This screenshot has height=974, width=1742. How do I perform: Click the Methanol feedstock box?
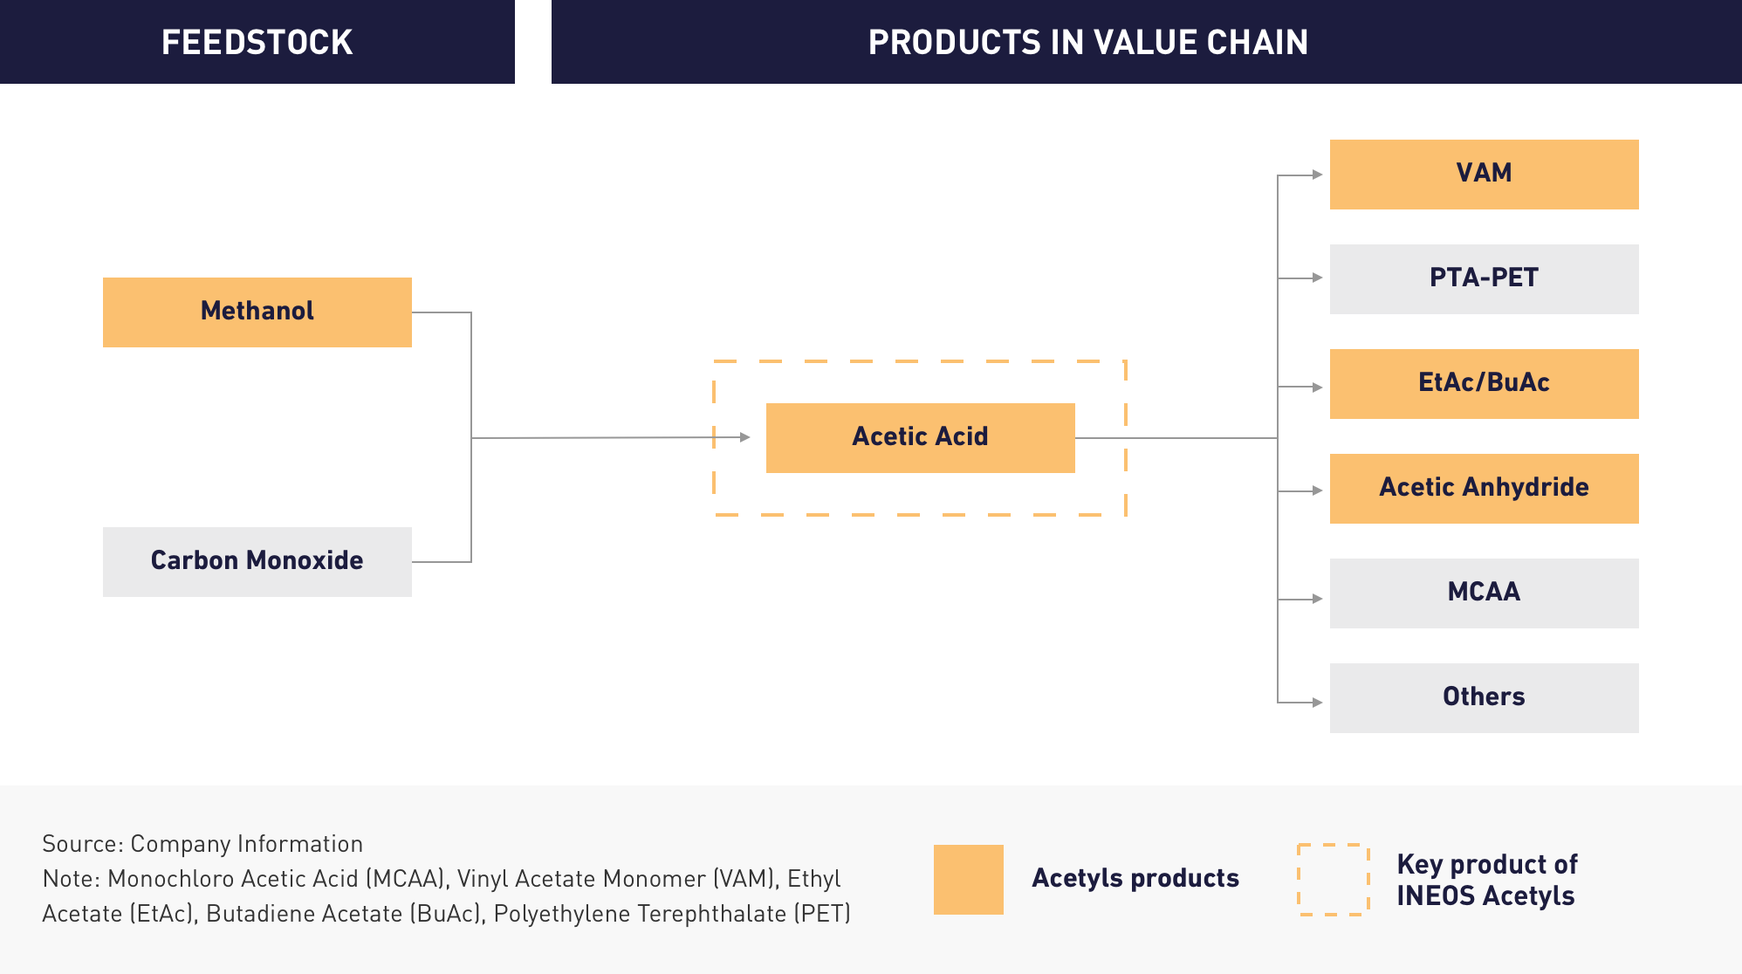pos(257,312)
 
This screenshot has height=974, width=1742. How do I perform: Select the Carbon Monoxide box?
pos(257,562)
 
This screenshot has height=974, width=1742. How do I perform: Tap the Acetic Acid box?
pos(921,438)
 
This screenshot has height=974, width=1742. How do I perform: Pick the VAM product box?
pos(1485,175)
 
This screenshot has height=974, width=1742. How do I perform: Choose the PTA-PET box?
pos(1485,279)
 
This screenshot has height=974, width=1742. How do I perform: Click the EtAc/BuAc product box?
pos(1485,384)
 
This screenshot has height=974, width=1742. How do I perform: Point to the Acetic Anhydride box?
pos(1485,489)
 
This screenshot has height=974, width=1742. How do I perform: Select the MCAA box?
pos(1485,593)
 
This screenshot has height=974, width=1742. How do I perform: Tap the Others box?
pos(1485,698)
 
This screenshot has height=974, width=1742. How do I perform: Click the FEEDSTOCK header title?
pos(257,42)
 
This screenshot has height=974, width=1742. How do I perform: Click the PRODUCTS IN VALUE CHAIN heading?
pos(1088,42)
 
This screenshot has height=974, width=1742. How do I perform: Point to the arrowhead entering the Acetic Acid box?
pos(744,437)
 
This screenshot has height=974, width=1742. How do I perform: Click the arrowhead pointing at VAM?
pos(1318,175)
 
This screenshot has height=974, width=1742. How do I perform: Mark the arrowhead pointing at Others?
pos(1318,703)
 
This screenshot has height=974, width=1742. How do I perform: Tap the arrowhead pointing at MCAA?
pos(1318,599)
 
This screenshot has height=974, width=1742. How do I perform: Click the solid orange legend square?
pos(969,880)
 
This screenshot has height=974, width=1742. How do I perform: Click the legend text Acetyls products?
pos(1135,878)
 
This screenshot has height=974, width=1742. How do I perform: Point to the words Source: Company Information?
pos(202,844)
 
